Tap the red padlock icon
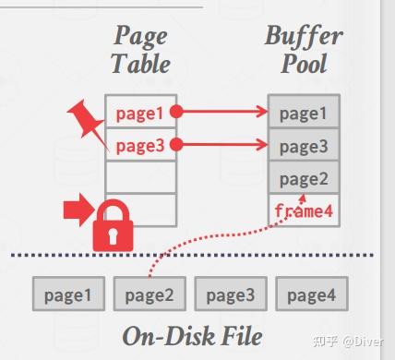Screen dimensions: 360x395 coord(111,226)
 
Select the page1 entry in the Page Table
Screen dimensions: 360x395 coord(139,113)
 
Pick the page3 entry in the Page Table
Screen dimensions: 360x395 coord(139,145)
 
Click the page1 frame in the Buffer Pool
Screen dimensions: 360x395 coord(304,113)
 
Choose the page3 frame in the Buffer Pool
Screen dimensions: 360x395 coord(304,145)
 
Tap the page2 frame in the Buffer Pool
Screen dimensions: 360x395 coord(304,178)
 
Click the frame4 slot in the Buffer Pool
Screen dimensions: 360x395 coord(304,210)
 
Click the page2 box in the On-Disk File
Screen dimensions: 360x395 coord(150,294)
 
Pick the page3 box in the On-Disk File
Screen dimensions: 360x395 coord(230,294)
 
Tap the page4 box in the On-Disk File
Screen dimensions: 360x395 coord(310,294)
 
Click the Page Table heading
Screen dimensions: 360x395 coord(140,51)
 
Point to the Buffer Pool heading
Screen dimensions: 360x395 coord(304,51)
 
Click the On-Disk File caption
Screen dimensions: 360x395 coord(192,334)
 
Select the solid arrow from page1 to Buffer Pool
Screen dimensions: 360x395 coord(221,113)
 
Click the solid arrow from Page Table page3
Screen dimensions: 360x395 coord(221,145)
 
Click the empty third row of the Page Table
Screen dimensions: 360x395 coord(139,177)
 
